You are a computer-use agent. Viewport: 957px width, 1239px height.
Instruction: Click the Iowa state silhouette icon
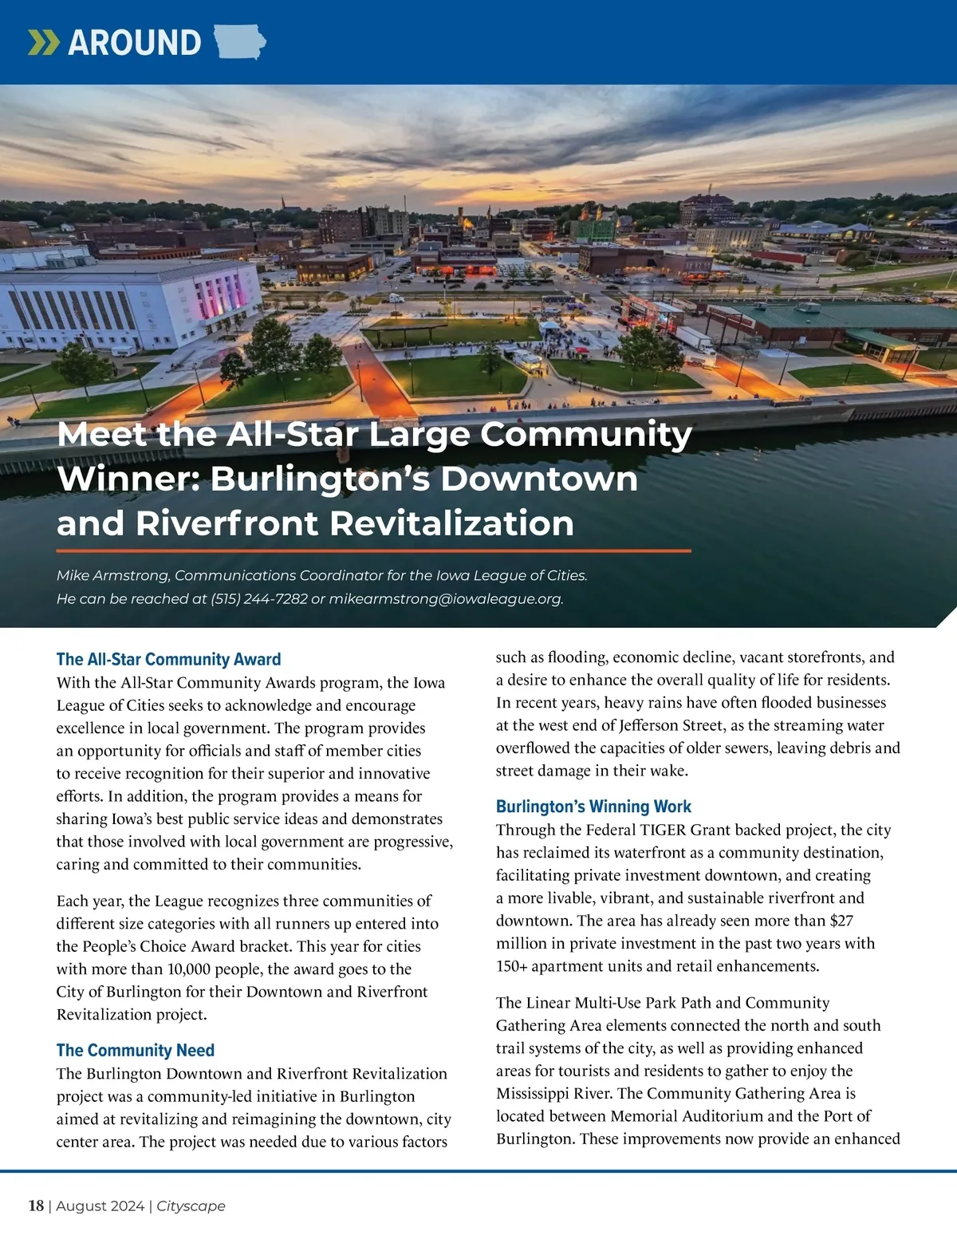coord(240,41)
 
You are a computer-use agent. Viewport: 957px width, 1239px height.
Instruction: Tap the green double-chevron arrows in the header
coord(43,42)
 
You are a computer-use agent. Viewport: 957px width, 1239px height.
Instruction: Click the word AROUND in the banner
coord(135,42)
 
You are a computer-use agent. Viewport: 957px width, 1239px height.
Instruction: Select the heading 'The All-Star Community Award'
coord(168,659)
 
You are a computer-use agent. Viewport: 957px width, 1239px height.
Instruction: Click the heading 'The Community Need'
coord(136,1050)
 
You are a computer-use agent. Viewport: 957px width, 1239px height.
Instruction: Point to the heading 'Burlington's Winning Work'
coord(593,807)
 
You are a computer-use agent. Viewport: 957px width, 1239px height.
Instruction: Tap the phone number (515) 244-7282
coord(259,598)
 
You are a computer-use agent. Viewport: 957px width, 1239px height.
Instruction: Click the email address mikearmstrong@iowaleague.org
coord(446,598)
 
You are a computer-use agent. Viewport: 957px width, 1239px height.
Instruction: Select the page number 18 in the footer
coord(36,1205)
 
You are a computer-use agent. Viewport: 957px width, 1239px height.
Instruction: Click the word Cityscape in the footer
coord(191,1205)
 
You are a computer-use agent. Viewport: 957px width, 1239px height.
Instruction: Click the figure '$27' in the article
coord(841,921)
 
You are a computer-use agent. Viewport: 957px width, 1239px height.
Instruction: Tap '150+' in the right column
coord(511,966)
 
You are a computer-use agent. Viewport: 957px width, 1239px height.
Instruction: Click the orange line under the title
coord(373,550)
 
